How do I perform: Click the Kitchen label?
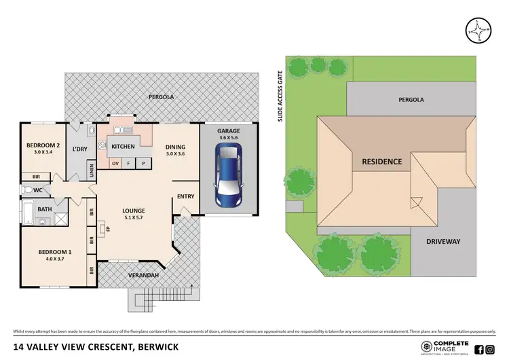(x=123, y=147)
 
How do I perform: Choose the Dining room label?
(x=176, y=147)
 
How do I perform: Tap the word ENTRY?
(x=185, y=197)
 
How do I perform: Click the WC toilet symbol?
(x=27, y=190)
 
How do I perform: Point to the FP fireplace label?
(x=107, y=229)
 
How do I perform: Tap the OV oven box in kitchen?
(x=115, y=164)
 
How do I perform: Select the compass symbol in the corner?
(x=478, y=30)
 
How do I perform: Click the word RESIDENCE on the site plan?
(x=381, y=162)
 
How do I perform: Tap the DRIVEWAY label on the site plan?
(x=443, y=241)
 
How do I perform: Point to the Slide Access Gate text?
(x=280, y=99)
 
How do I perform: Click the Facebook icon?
(x=479, y=350)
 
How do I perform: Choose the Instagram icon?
(x=491, y=350)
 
